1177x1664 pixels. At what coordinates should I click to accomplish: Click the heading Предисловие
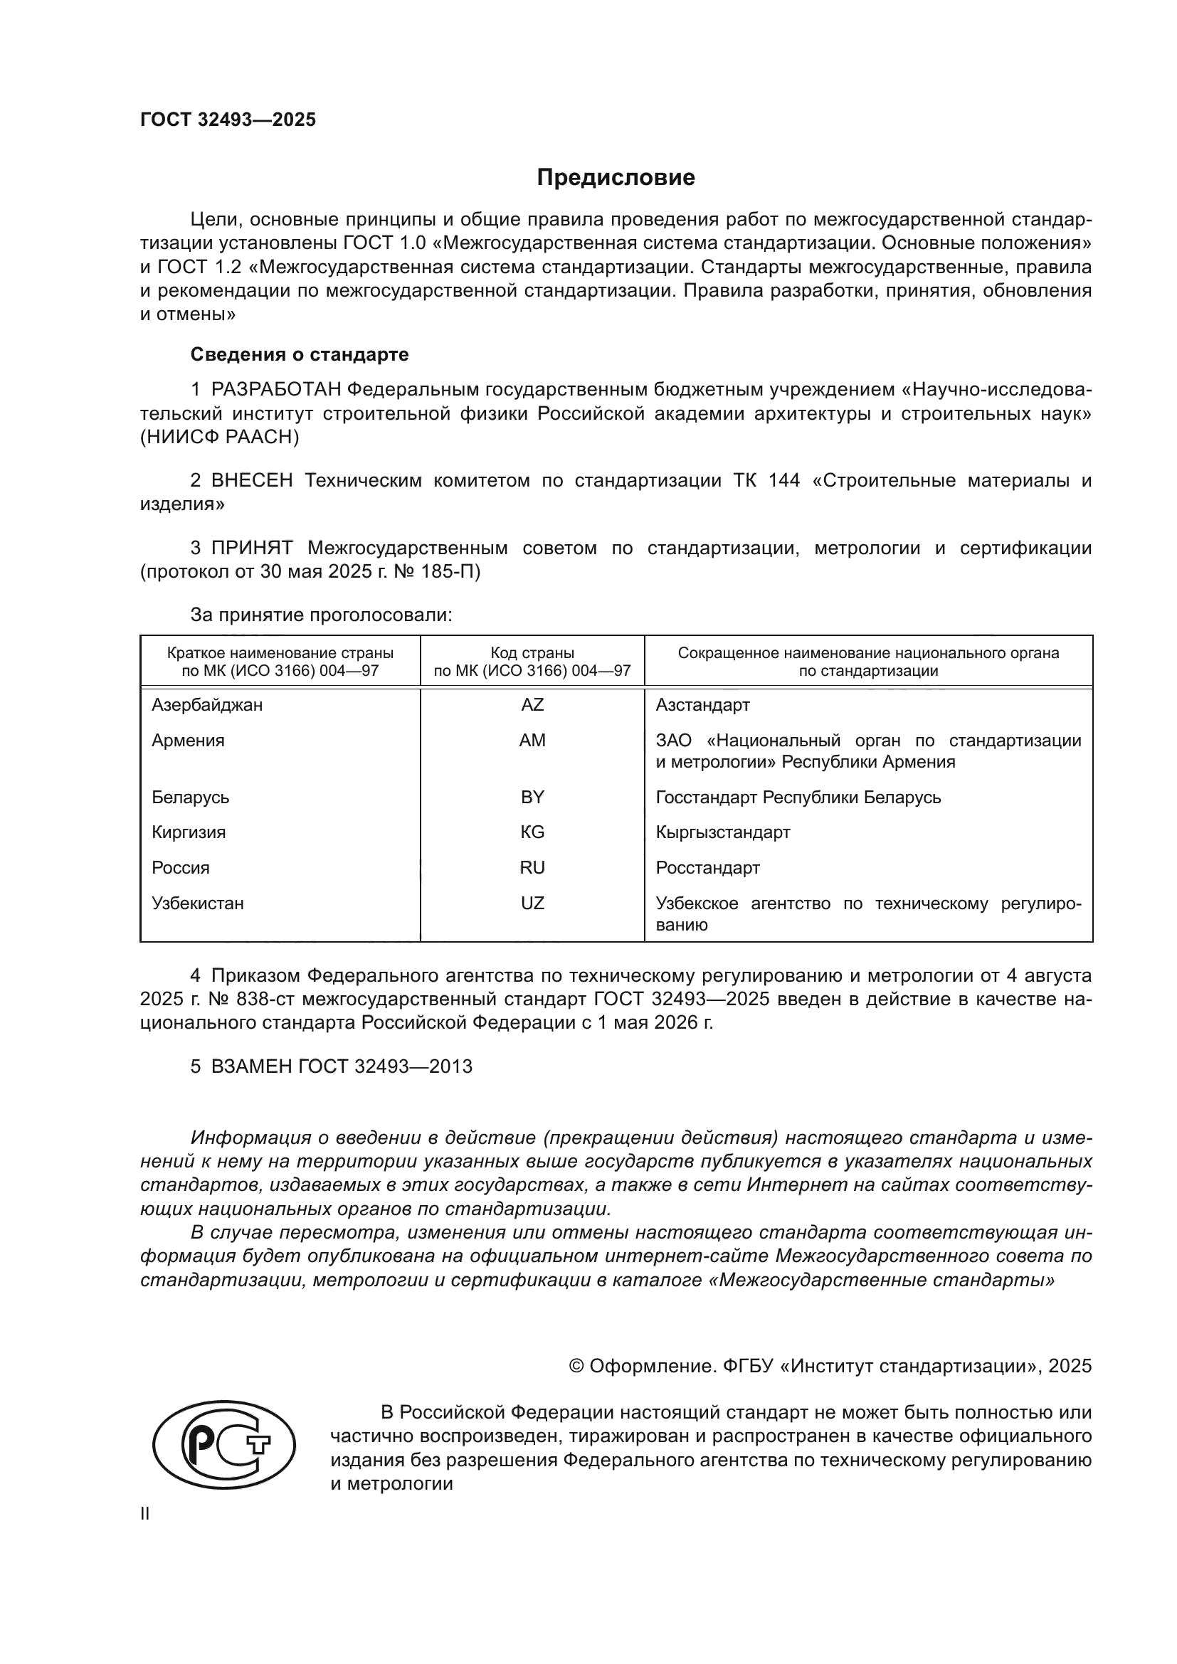tap(616, 178)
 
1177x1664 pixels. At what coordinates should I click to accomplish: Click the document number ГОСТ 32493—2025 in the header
tap(228, 120)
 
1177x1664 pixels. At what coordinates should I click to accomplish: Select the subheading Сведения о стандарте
tap(300, 354)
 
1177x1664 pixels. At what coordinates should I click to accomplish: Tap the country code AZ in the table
tap(532, 704)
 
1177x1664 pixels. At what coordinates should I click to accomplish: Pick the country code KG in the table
tap(532, 832)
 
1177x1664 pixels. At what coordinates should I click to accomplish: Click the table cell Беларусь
tap(191, 797)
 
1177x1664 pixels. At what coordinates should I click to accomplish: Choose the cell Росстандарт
tap(707, 867)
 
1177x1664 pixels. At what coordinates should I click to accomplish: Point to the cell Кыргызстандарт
tap(722, 832)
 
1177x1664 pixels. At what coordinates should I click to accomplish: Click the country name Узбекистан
tap(198, 903)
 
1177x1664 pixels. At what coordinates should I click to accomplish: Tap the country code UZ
tap(532, 903)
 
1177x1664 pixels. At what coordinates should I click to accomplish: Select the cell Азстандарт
tap(702, 704)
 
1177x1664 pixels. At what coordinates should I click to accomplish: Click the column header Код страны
tap(532, 652)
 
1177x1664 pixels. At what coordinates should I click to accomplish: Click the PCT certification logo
tap(224, 1444)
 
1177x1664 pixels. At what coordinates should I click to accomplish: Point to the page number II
tap(145, 1514)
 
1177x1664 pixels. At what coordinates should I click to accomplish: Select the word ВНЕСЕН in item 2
tap(251, 480)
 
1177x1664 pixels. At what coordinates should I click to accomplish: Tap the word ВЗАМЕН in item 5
tap(251, 1066)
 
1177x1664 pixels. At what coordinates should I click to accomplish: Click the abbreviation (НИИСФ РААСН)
tap(220, 437)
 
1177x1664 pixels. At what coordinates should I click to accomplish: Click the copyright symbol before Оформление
tap(576, 1366)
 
